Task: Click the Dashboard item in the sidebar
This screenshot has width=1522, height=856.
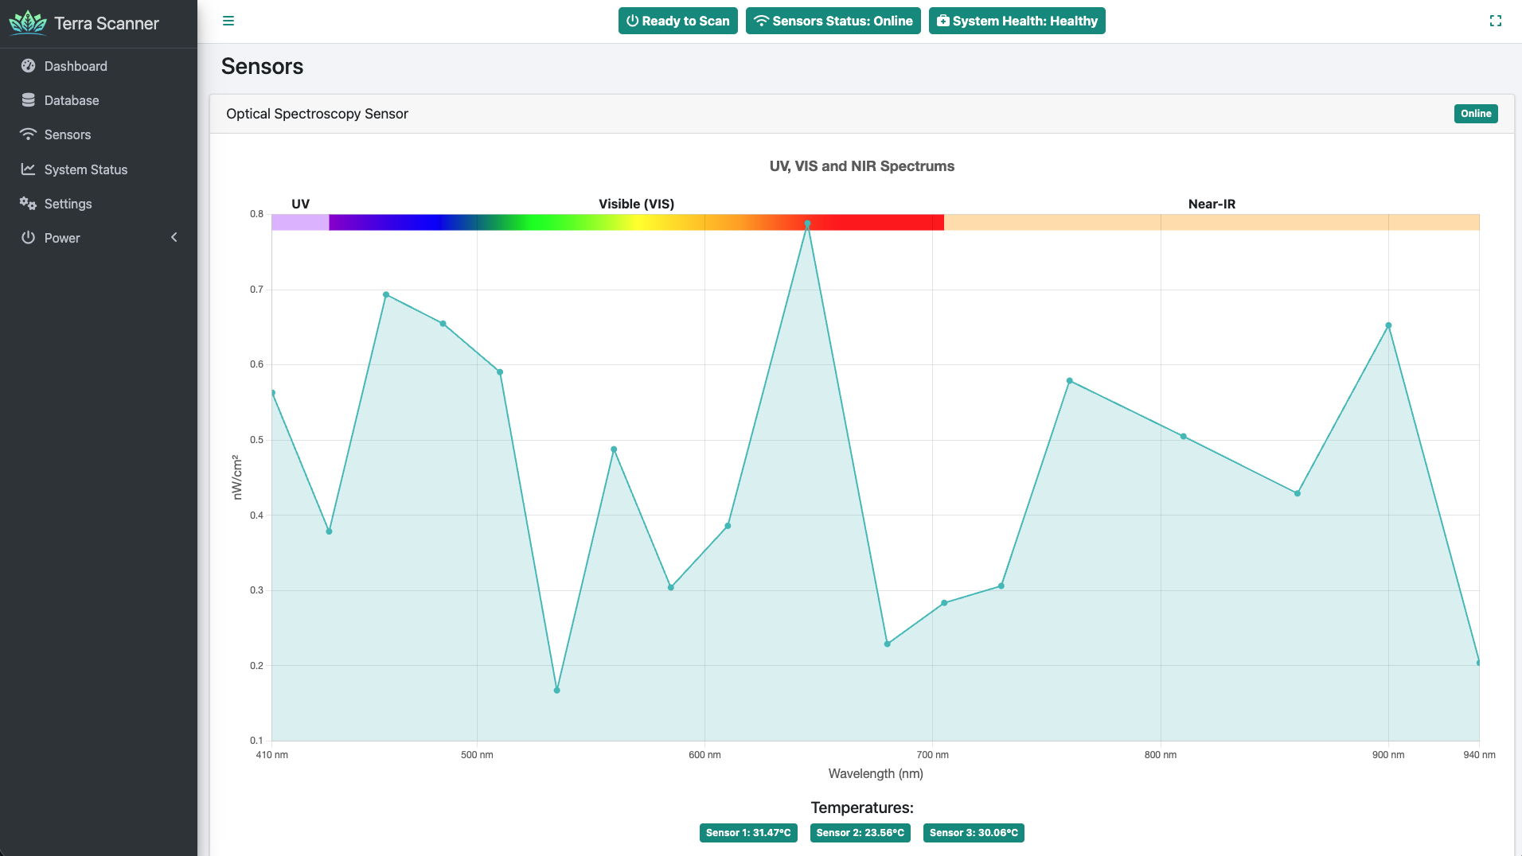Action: coord(76,66)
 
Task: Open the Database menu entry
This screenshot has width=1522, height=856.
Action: coord(72,100)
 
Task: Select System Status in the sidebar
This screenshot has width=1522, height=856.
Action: coord(85,169)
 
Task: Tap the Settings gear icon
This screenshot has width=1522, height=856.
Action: coord(28,204)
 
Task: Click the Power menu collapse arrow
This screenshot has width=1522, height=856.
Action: coord(174,238)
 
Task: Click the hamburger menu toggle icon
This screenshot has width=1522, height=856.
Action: coord(228,21)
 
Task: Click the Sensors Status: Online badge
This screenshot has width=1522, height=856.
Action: coord(833,21)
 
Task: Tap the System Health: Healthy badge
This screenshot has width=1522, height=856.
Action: coord(1017,21)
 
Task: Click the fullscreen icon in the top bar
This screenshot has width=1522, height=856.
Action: coord(1496,21)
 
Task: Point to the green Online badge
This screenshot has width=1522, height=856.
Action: coord(1476,114)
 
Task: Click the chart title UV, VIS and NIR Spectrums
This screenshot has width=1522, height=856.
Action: coord(861,166)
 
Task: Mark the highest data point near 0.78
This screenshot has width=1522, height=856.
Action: coord(807,224)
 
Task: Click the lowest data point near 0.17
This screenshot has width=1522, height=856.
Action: coord(557,691)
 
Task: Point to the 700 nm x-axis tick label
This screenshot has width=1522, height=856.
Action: coord(932,755)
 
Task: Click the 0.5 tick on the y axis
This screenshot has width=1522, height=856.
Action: coord(256,440)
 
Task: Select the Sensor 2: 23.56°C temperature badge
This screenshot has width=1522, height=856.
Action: coord(860,833)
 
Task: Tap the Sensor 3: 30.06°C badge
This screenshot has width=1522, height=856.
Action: coord(974,833)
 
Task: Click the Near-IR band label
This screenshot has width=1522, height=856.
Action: coord(1212,204)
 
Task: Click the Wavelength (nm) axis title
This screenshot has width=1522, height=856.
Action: coord(876,773)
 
